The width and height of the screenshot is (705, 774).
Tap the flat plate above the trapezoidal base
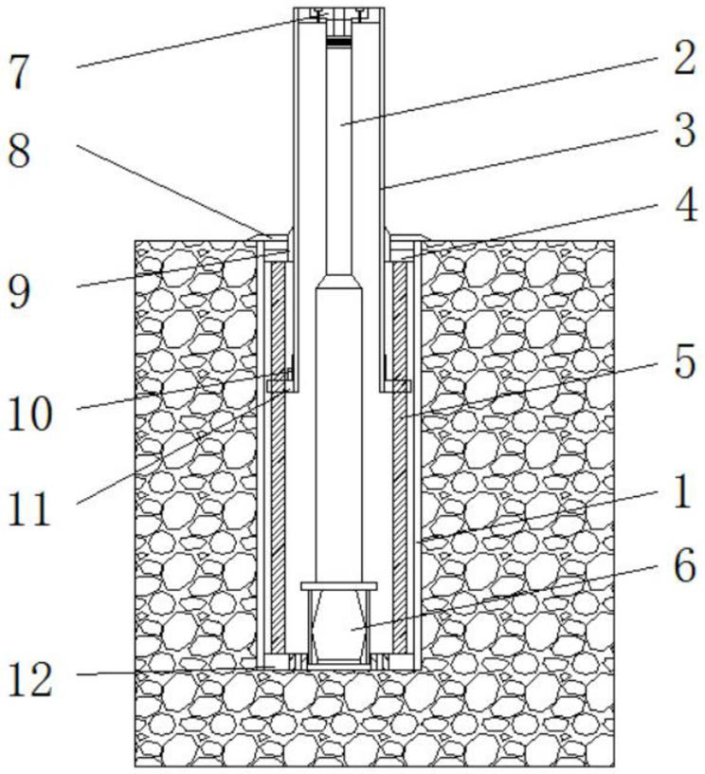tap(339, 586)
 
